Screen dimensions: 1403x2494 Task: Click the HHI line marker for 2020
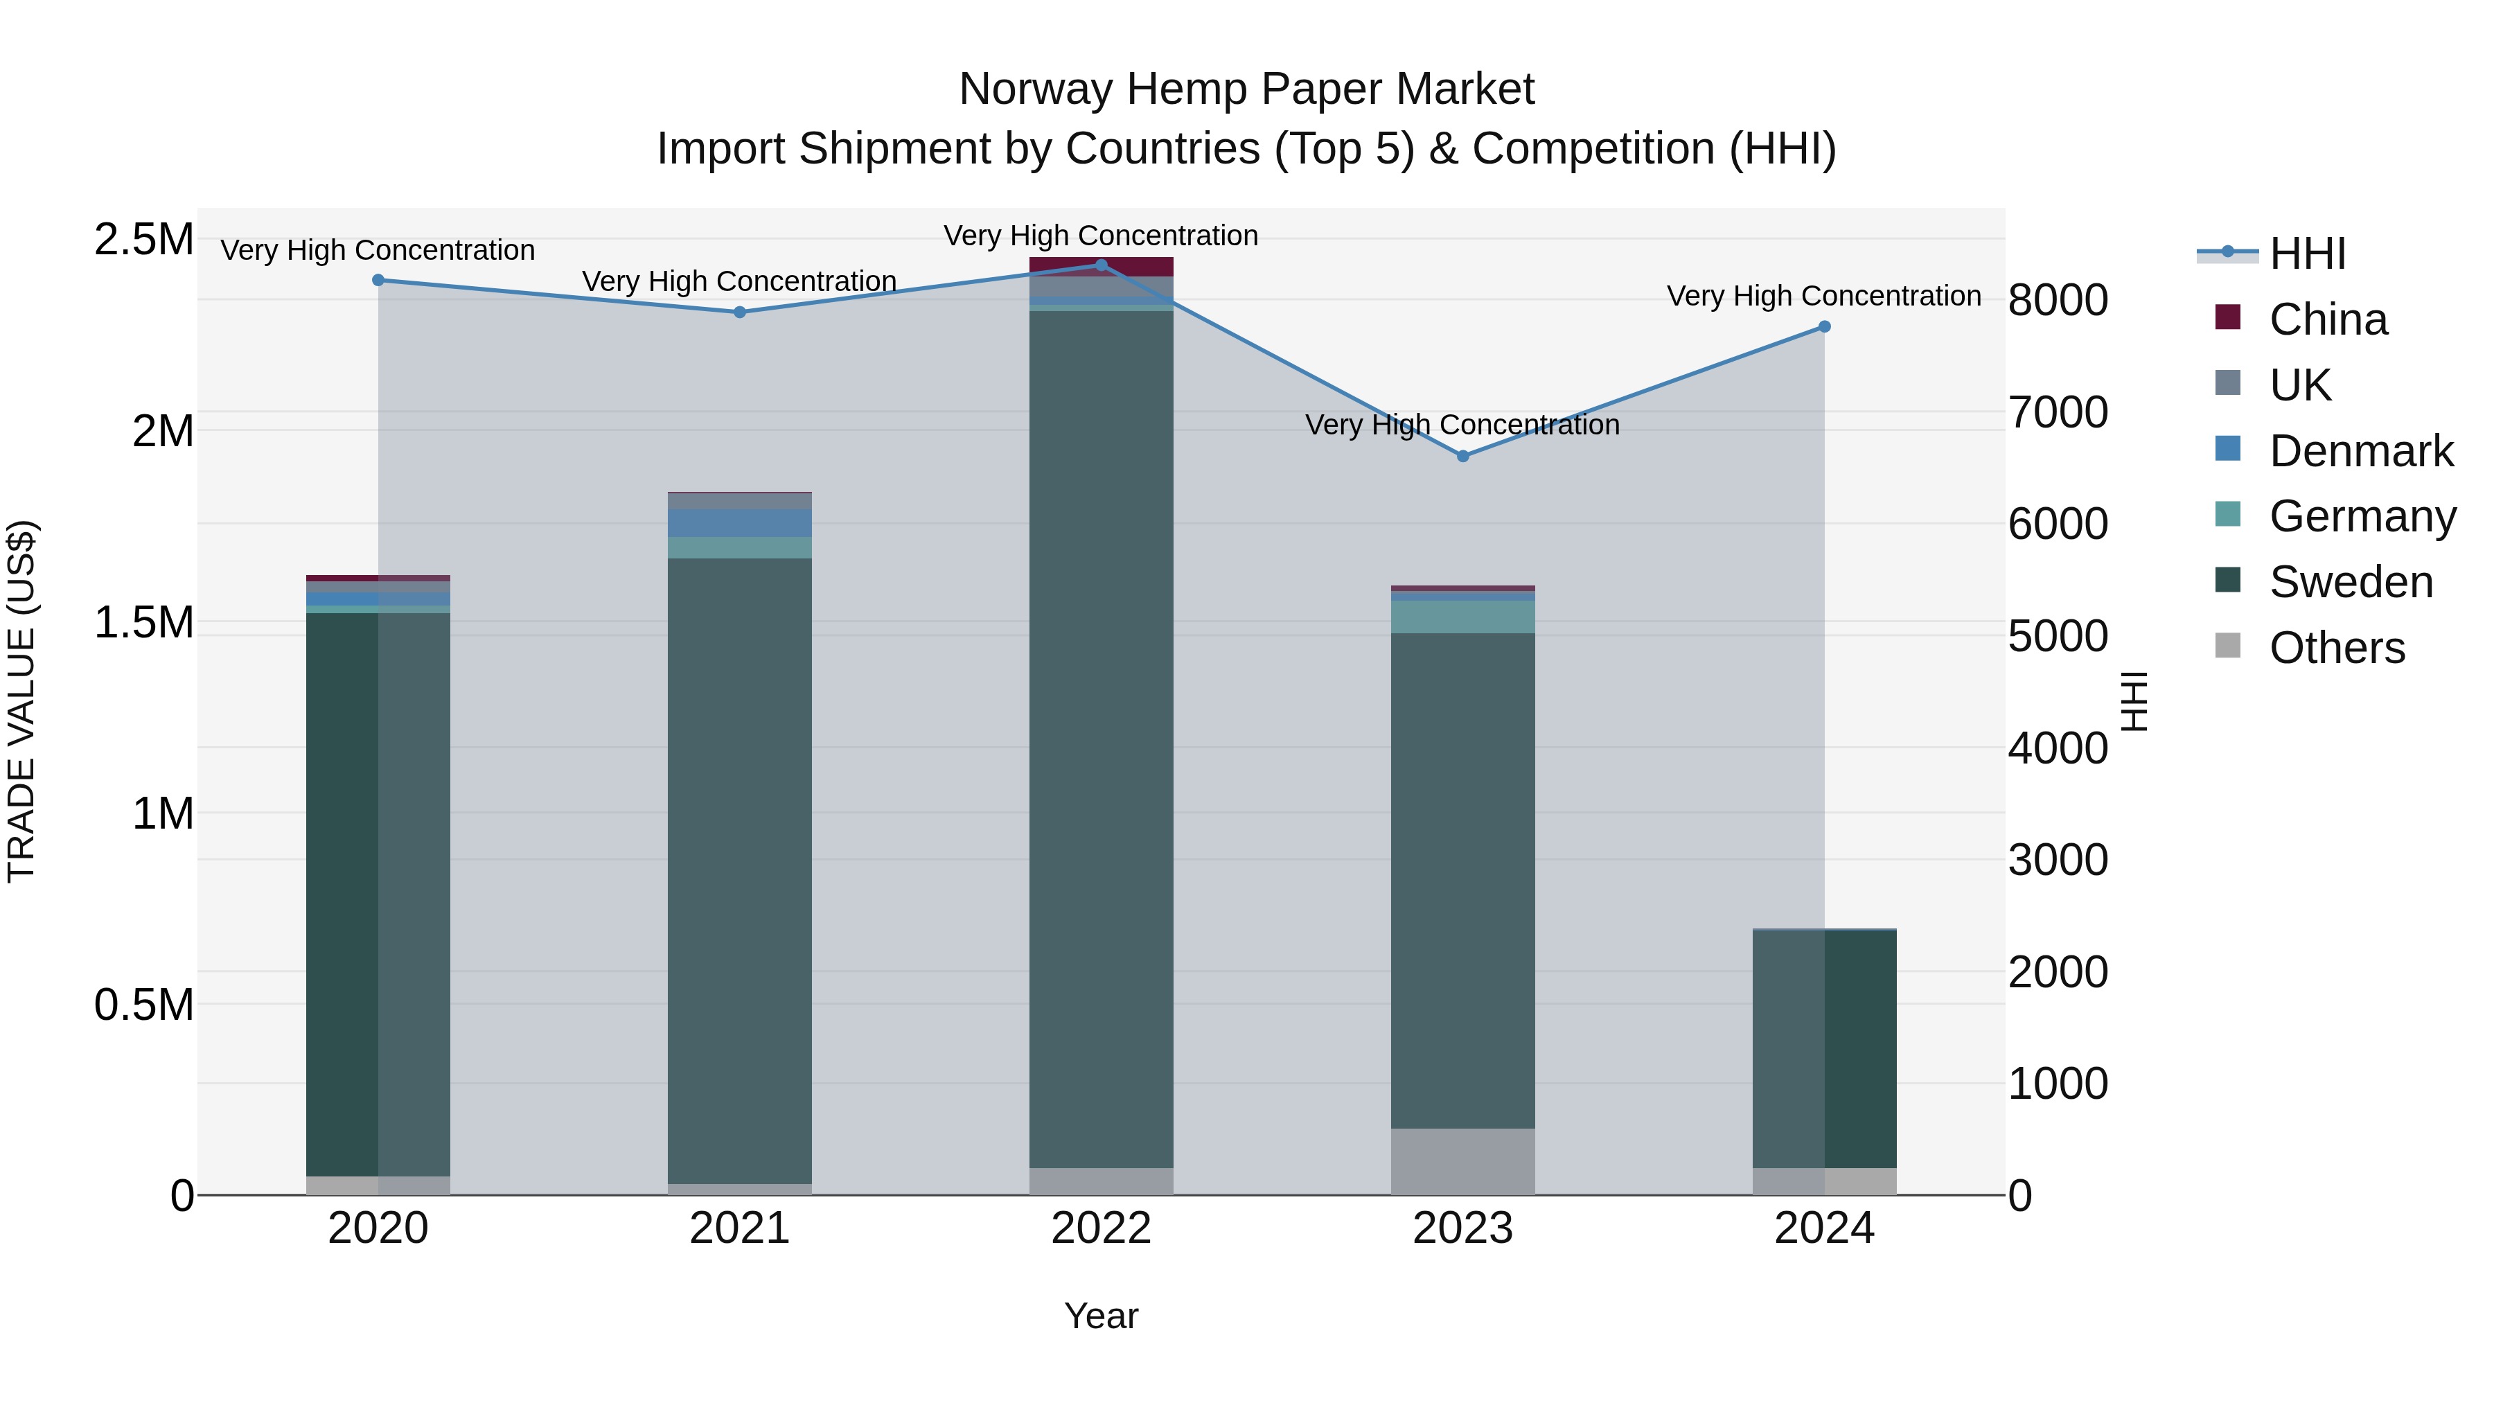click(378, 281)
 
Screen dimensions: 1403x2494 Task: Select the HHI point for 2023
click(1463, 456)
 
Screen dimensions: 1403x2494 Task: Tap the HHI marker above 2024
click(1824, 327)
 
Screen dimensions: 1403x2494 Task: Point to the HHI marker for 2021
click(740, 312)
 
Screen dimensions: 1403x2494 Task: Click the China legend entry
click(2328, 319)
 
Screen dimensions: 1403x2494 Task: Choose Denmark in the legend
click(2360, 451)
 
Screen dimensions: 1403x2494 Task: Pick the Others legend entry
click(2336, 648)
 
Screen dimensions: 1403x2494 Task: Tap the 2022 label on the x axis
click(1101, 1228)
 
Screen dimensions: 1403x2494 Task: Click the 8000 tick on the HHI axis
click(2058, 300)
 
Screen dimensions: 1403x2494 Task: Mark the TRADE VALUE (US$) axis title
click(21, 701)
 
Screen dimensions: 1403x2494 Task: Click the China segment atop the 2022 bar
click(1101, 266)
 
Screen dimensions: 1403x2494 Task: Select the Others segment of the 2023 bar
click(1463, 1161)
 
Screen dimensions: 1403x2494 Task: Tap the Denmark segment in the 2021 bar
click(740, 523)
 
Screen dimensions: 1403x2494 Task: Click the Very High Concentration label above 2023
click(1462, 425)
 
